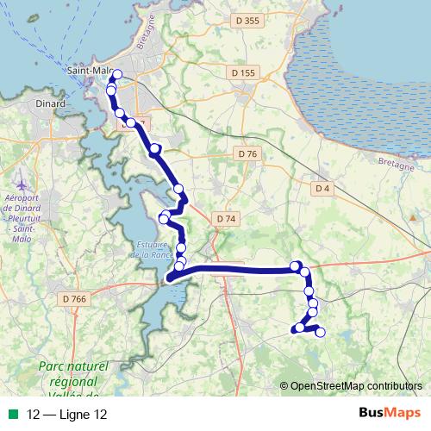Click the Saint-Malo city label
click(89, 68)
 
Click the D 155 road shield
click(244, 74)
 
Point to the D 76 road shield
click(247, 153)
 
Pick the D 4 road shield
click(322, 188)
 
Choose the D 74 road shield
click(226, 220)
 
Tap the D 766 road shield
click(75, 298)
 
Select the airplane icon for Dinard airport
click(22, 185)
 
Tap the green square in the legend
click(12, 415)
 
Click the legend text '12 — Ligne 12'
click(67, 415)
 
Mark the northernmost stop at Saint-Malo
click(117, 74)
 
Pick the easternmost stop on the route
click(321, 332)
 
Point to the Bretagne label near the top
click(144, 38)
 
